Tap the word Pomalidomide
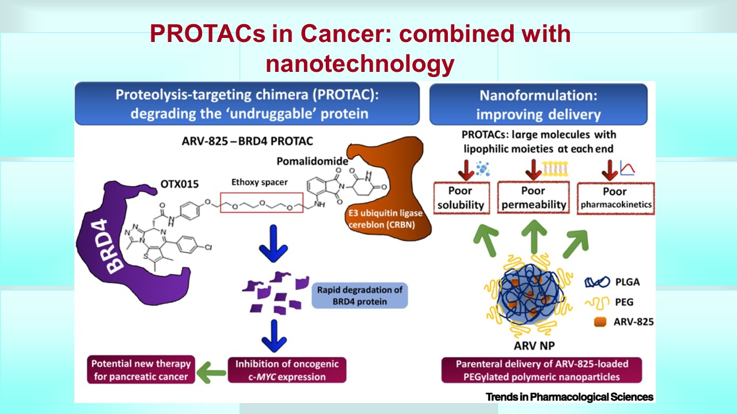pos(319,162)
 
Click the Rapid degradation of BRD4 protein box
pos(359,295)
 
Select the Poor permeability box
pos(533,198)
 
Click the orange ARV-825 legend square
pos(598,322)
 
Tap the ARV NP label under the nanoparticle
pos(530,346)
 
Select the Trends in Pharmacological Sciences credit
pos(569,397)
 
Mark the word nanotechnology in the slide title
pos(360,64)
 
